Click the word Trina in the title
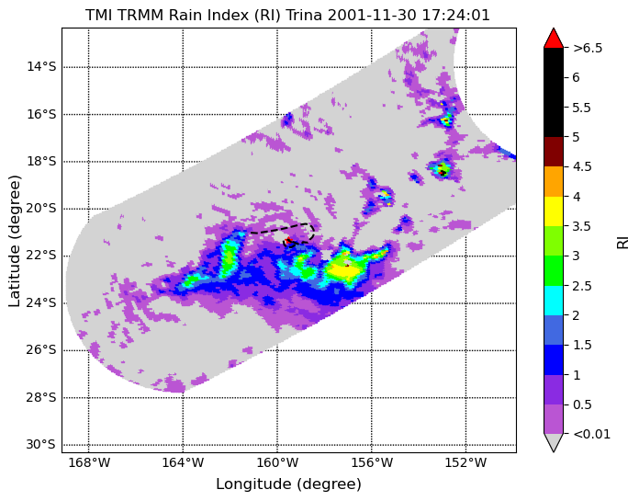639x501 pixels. pos(304,15)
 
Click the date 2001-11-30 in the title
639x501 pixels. pos(373,15)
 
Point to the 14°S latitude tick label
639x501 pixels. pos(41,66)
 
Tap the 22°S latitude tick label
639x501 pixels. pos(41,256)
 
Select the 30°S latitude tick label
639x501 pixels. pos(40,444)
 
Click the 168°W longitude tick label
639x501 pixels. pos(89,463)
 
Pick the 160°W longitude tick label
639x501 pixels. pos(277,463)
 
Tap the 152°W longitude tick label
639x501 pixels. pos(465,463)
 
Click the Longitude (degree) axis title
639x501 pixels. pos(288,484)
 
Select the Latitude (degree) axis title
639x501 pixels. pos(15,241)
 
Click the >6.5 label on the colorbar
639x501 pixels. pos(588,48)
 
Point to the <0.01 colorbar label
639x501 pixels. pos(592,434)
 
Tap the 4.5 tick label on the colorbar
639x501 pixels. pos(582,167)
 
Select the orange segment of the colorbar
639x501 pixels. pos(554,181)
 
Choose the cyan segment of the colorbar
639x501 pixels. pos(554,301)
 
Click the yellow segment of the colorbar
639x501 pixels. pos(554,211)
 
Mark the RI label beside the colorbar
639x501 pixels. pos(623,241)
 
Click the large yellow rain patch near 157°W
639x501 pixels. pos(345,271)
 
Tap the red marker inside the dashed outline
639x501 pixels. pos(289,241)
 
